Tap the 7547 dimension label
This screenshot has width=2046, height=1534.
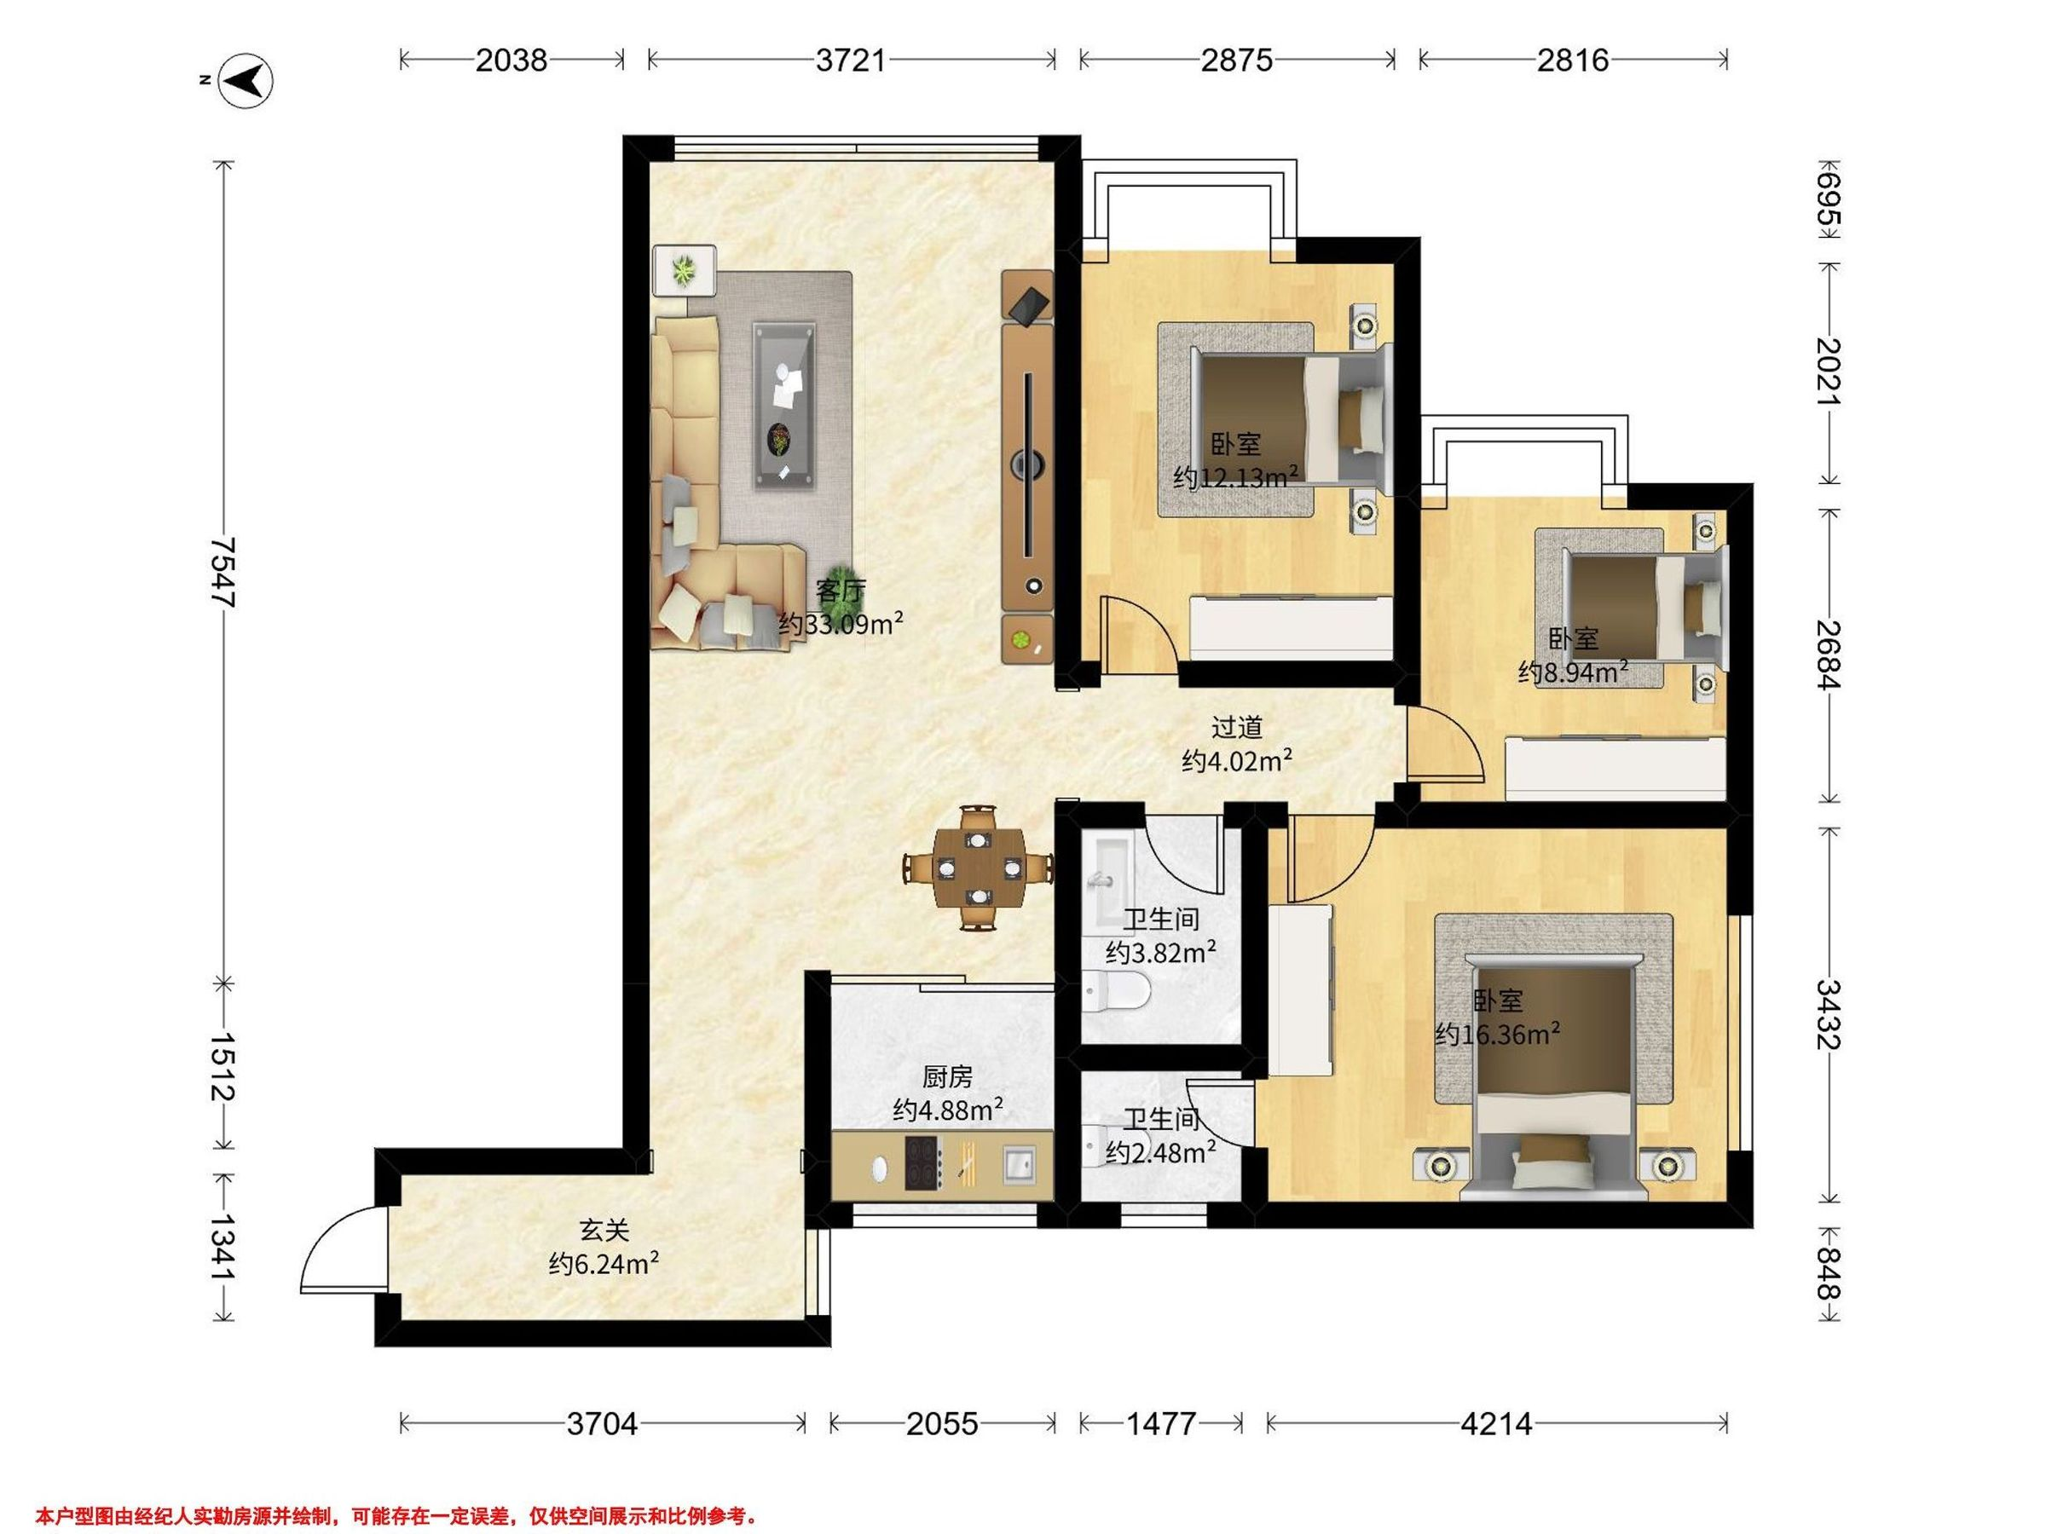coord(223,573)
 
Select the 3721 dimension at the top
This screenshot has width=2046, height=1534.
coord(851,61)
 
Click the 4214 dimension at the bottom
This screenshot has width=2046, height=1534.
coord(1497,1424)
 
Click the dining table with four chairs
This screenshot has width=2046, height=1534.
coord(979,868)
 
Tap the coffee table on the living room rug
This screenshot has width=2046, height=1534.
coord(784,406)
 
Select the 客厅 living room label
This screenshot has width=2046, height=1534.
coord(841,590)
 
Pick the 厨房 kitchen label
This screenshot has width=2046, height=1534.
coord(948,1077)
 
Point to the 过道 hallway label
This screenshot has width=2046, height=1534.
coord(1237,728)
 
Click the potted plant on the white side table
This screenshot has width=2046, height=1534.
coord(684,270)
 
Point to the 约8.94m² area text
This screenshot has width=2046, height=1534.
coord(1572,672)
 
